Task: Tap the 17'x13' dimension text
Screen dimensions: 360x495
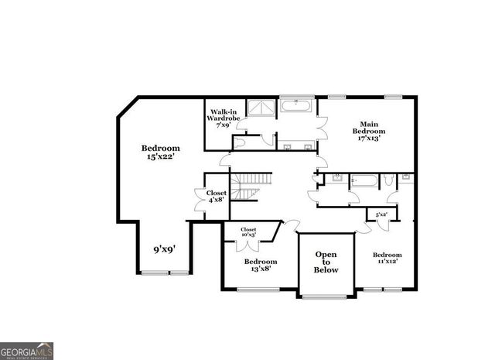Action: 369,139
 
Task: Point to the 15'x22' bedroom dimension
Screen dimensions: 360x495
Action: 160,157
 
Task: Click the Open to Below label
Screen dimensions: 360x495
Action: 326,262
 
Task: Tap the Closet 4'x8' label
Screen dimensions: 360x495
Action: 216,196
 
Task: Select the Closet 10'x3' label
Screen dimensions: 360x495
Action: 248,231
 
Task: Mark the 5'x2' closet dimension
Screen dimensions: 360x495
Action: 381,214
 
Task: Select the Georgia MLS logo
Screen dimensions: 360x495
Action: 27,351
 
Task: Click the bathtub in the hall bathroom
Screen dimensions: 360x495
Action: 364,181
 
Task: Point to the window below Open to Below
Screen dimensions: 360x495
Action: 326,297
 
